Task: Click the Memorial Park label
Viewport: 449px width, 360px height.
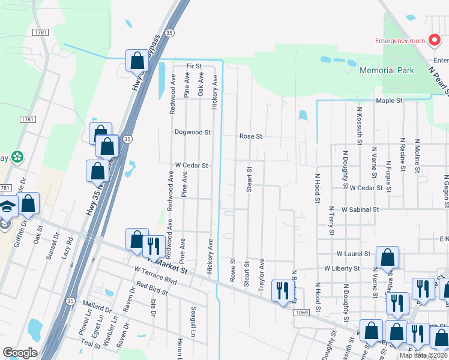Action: [x=387, y=70]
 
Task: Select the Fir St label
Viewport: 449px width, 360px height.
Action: [x=194, y=65]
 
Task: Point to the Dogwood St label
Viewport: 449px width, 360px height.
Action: [x=192, y=132]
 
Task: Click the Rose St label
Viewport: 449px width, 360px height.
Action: [x=251, y=136]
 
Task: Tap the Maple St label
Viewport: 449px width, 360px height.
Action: [x=388, y=101]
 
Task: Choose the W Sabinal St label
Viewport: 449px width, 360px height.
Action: [x=362, y=210]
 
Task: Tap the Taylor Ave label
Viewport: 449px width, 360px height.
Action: [x=262, y=275]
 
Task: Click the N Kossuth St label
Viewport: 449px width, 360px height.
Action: [x=360, y=127]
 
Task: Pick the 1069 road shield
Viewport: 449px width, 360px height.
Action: [x=301, y=312]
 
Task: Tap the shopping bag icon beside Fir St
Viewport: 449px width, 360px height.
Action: [x=137, y=61]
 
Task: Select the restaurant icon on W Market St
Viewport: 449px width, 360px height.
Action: [x=153, y=245]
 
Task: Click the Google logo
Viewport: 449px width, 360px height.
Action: [x=20, y=353]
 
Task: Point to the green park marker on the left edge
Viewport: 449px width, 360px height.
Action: [x=17, y=157]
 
